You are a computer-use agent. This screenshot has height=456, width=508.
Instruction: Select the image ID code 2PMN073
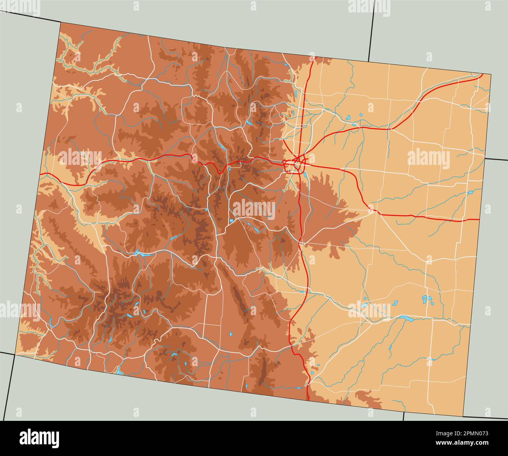pyautogui.click(x=470, y=433)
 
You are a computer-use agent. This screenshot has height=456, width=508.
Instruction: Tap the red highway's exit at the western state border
pyautogui.click(x=40, y=173)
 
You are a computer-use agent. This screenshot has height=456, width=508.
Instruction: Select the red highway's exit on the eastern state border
pyautogui.click(x=479, y=219)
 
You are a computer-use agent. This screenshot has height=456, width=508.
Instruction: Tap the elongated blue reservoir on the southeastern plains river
pyautogui.click(x=406, y=319)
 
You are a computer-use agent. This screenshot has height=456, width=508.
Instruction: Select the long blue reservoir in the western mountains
pyautogui.click(x=142, y=254)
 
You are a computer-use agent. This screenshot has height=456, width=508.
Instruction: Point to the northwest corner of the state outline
pyautogui.click(x=60, y=22)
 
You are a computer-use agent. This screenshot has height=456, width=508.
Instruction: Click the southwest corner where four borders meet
pyautogui.click(x=16, y=354)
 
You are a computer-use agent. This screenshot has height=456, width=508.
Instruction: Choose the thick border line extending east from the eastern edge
pyautogui.click(x=496, y=159)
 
